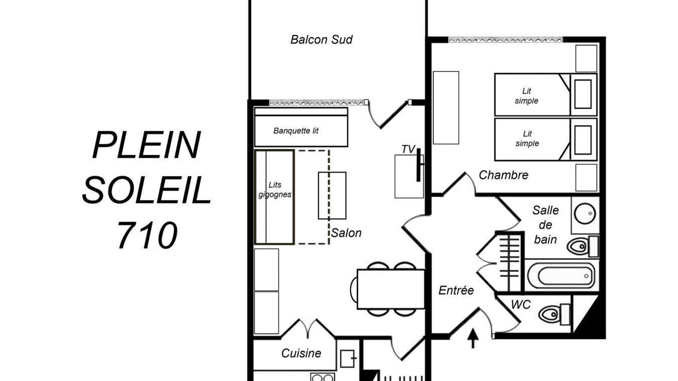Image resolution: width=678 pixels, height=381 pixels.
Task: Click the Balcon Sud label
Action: click(322, 40)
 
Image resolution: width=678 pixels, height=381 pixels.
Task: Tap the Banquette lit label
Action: click(296, 131)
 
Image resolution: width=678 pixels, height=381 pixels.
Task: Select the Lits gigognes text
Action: click(275, 189)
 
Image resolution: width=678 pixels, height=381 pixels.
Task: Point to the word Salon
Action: click(346, 233)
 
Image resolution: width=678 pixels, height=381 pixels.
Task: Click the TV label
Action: click(408, 149)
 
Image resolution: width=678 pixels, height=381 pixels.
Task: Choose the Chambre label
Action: click(503, 175)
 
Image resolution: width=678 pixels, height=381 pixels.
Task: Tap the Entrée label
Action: click(456, 291)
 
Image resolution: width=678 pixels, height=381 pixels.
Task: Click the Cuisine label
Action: click(301, 353)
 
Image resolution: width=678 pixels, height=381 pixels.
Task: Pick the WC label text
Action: click(521, 304)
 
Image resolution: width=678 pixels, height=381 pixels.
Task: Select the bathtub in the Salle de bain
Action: click(561, 276)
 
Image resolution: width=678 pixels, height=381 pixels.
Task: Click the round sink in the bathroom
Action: click(585, 213)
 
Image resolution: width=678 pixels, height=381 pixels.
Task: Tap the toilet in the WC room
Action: click(554, 314)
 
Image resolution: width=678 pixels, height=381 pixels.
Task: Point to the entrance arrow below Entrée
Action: click(473, 338)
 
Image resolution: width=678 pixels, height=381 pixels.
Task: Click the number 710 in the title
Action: click(147, 235)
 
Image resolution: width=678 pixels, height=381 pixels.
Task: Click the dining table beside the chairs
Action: click(391, 289)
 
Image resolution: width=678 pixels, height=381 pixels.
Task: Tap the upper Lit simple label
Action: click(527, 96)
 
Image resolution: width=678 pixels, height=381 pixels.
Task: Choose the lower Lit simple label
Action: click(527, 139)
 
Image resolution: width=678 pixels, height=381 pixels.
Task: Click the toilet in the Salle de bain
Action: click(583, 247)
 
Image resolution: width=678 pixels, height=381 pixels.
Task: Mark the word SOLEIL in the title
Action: click(147, 190)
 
